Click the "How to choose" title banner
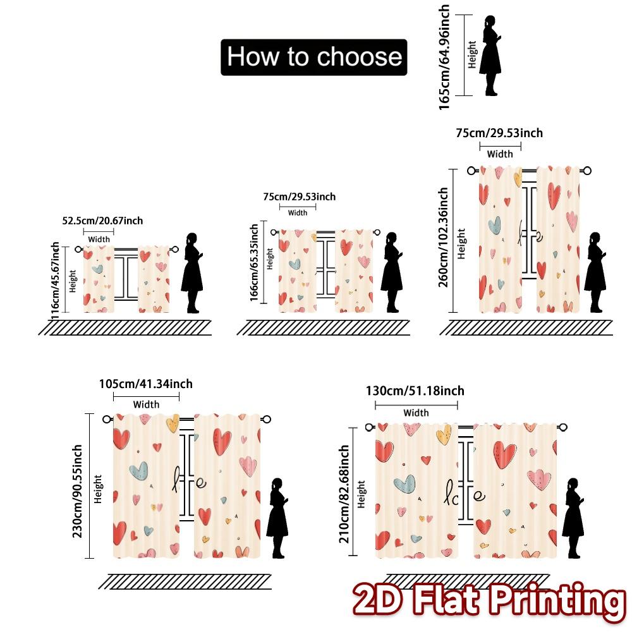(314, 57)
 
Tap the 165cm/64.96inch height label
(445, 57)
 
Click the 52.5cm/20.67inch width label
(102, 221)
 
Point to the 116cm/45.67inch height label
(56, 278)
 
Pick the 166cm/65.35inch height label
(254, 262)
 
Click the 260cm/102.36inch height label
(444, 237)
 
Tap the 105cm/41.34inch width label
(146, 384)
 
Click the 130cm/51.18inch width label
(415, 391)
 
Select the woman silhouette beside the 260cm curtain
(594, 272)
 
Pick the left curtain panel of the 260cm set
(500, 240)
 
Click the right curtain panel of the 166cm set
(353, 270)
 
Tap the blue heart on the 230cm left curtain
(138, 470)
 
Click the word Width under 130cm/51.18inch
(416, 413)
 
